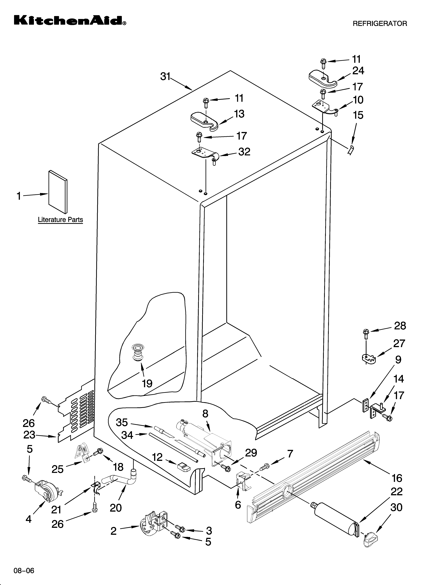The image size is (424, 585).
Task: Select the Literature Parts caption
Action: [x=60, y=220]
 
